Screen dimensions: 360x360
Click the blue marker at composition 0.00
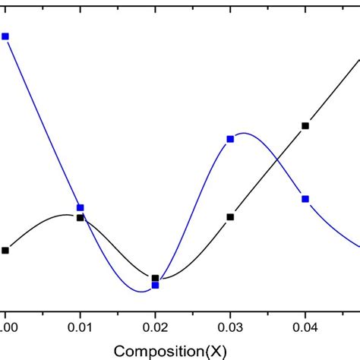pos(5,36)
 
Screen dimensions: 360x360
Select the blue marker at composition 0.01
pos(81,207)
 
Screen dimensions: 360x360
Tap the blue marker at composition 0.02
pos(155,285)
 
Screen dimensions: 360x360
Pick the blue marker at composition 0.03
pos(230,139)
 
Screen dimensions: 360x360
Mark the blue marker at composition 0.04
pos(305,199)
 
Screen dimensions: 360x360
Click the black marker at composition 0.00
pos(5,250)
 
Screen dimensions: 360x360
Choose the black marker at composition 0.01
pos(81,218)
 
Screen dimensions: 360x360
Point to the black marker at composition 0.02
pos(155,278)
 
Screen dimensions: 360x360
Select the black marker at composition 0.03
pos(230,217)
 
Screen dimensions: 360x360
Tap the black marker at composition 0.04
pos(305,126)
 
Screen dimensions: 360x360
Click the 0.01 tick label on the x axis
pos(81,328)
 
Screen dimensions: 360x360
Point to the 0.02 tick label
pos(155,328)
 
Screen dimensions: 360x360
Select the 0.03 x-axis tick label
pos(230,328)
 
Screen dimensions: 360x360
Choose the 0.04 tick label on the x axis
pos(305,328)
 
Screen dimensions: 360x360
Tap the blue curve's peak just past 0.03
pos(242,134)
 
